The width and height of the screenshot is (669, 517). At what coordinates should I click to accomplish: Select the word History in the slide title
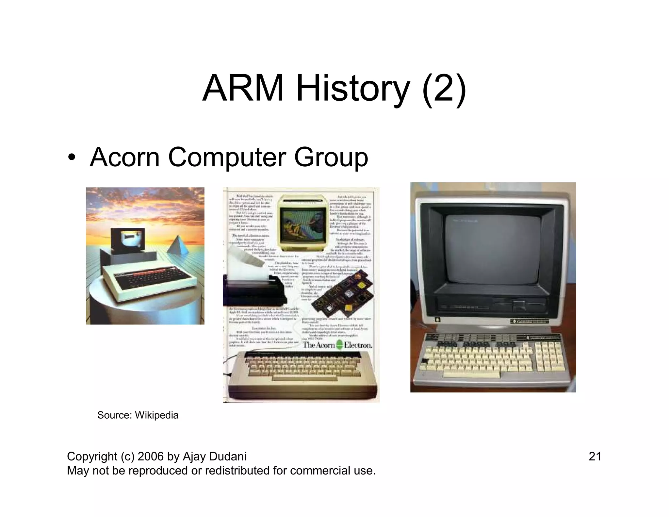coord(352,89)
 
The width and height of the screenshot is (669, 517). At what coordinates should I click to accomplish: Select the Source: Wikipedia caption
coord(138,415)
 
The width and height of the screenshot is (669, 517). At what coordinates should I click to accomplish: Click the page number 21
coord(595,456)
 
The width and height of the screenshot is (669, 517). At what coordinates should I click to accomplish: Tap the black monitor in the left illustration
coord(128,240)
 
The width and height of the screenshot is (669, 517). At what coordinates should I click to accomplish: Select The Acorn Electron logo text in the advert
coord(337,345)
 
